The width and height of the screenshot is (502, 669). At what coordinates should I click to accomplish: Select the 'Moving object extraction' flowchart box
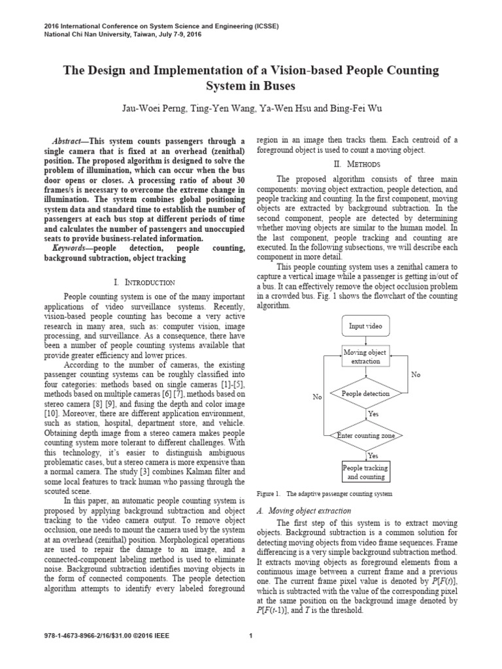point(365,357)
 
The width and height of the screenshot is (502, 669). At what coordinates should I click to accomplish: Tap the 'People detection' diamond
point(365,394)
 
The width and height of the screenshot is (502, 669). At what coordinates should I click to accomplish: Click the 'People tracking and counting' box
point(365,472)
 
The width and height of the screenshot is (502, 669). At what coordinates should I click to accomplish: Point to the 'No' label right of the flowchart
point(416,374)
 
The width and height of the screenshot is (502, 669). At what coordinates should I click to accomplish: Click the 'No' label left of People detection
point(318,397)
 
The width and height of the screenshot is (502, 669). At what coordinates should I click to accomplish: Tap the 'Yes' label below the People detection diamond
point(373,414)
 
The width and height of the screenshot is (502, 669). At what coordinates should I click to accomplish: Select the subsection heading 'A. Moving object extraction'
point(305,510)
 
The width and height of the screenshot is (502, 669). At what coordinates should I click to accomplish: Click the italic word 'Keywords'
point(69,249)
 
